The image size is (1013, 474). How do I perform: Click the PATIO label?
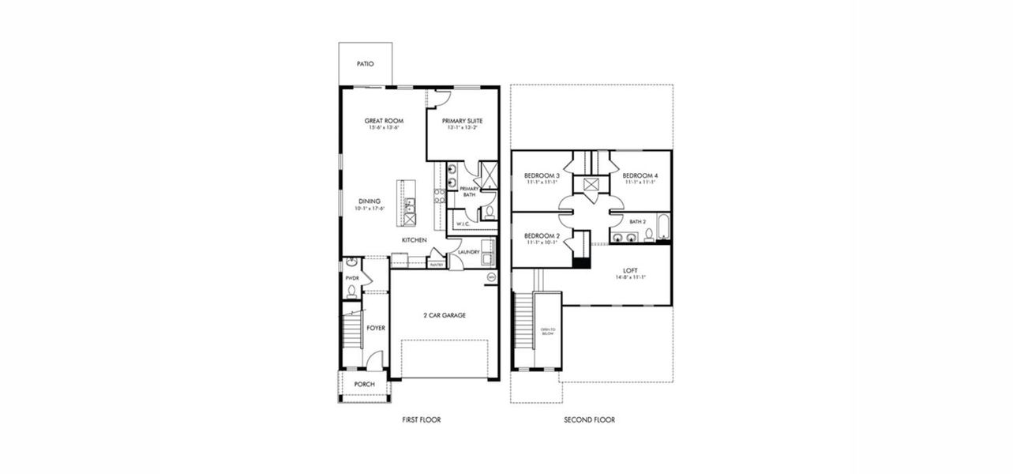pyautogui.click(x=364, y=64)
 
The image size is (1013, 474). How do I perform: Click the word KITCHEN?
pyautogui.click(x=415, y=239)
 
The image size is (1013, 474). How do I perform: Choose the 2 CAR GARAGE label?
pyautogui.click(x=444, y=314)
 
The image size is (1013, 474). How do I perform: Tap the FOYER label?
pyautogui.click(x=376, y=327)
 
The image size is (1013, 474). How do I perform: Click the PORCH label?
pyautogui.click(x=364, y=385)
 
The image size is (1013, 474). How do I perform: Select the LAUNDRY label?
pyautogui.click(x=469, y=252)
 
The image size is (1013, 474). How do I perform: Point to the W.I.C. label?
pyautogui.click(x=463, y=224)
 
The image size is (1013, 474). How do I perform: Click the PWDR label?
pyautogui.click(x=352, y=278)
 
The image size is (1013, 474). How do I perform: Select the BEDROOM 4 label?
pyautogui.click(x=640, y=175)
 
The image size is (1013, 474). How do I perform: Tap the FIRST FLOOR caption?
pyautogui.click(x=421, y=420)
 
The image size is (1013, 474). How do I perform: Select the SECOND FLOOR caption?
pyautogui.click(x=589, y=420)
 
